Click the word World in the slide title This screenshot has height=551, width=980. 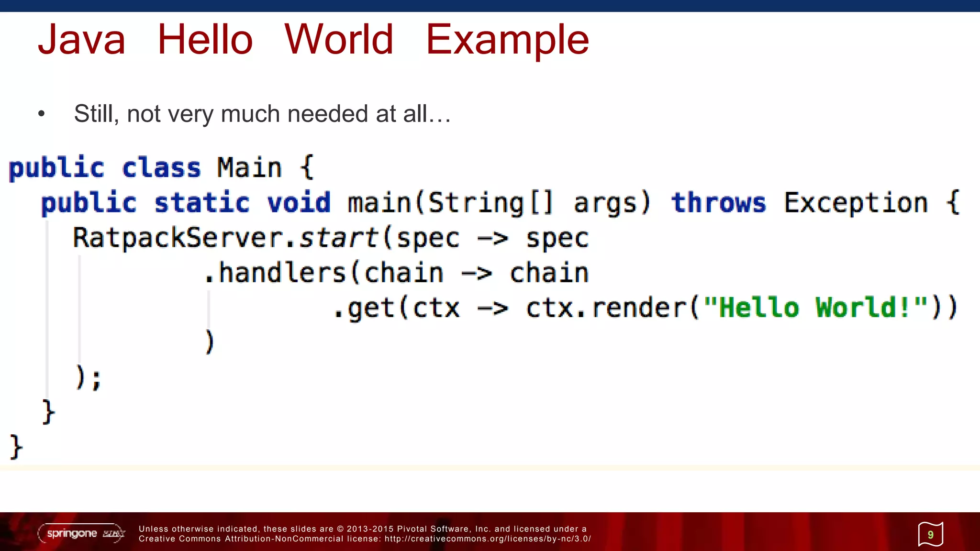[x=338, y=40]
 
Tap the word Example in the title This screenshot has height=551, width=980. [x=507, y=41]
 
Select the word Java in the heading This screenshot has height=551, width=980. [x=81, y=40]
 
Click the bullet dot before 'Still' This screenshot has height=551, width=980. [x=42, y=114]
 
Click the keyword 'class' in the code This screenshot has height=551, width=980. [x=161, y=168]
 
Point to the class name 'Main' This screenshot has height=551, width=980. [x=249, y=168]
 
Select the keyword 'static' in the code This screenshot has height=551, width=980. [x=201, y=202]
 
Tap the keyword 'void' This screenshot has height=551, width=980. [x=299, y=202]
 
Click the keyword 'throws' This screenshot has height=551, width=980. [x=718, y=202]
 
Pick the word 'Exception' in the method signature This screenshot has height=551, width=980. [x=856, y=202]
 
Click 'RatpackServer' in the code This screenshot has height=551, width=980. [x=177, y=238]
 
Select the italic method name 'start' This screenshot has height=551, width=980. [x=339, y=238]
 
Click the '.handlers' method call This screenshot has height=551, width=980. [x=275, y=273]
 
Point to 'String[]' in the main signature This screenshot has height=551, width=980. [x=490, y=202]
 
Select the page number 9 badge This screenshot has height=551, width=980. [x=930, y=534]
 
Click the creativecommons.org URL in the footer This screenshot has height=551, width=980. [x=488, y=539]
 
